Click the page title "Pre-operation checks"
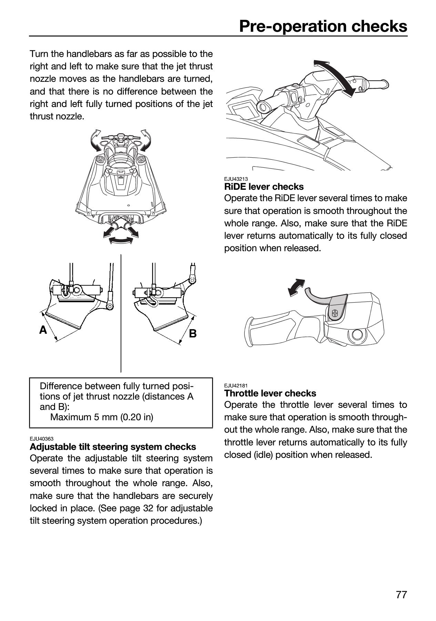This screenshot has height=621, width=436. [x=323, y=26]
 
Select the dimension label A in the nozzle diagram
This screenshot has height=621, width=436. [x=43, y=330]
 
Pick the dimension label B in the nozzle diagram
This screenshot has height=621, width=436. [x=193, y=333]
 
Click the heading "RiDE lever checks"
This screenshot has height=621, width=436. [x=264, y=187]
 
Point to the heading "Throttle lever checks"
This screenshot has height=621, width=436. [x=270, y=393]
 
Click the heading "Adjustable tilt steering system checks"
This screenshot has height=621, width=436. [x=113, y=447]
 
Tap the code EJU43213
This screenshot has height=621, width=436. [x=236, y=179]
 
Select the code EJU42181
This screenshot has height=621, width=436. [x=236, y=386]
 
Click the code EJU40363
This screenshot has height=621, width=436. [x=42, y=439]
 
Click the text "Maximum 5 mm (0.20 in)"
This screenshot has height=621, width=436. [x=102, y=417]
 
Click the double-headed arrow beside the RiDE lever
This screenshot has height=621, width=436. [x=297, y=287]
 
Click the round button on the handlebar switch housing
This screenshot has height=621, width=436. [x=357, y=334]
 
